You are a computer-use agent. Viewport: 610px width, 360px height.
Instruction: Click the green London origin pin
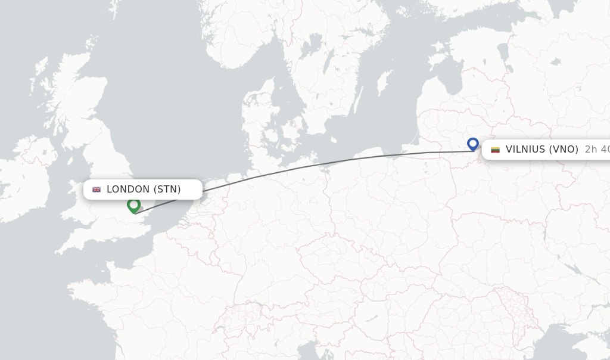pyautogui.click(x=133, y=205)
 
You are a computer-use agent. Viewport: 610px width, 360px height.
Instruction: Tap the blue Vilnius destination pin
pyautogui.click(x=473, y=144)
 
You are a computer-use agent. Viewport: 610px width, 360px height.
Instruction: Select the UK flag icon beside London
pyautogui.click(x=97, y=190)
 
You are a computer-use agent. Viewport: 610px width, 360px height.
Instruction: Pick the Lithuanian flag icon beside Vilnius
pyautogui.click(x=495, y=150)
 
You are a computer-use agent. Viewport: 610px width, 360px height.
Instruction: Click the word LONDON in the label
pyautogui.click(x=128, y=190)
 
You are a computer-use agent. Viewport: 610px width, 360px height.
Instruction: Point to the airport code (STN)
pyautogui.click(x=167, y=190)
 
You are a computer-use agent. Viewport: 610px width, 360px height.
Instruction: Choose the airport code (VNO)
pyautogui.click(x=564, y=150)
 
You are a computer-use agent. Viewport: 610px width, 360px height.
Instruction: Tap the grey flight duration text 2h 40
pyautogui.click(x=597, y=150)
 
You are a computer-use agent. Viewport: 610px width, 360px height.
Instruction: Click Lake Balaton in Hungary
pyautogui.click(x=374, y=318)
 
